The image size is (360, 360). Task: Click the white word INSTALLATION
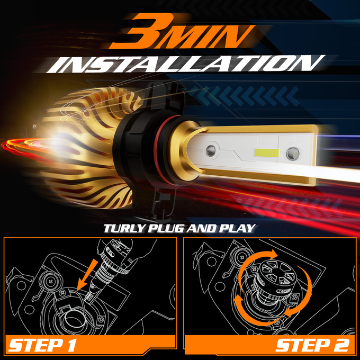click(x=185, y=64)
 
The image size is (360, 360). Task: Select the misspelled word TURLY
click(x=124, y=229)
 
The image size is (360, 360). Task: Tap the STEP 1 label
click(x=42, y=345)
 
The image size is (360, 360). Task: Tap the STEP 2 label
click(x=312, y=345)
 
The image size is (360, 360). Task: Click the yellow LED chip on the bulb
click(x=267, y=152)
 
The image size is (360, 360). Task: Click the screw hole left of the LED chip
click(x=211, y=150)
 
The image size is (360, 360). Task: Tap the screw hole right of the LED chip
click(x=293, y=154)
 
